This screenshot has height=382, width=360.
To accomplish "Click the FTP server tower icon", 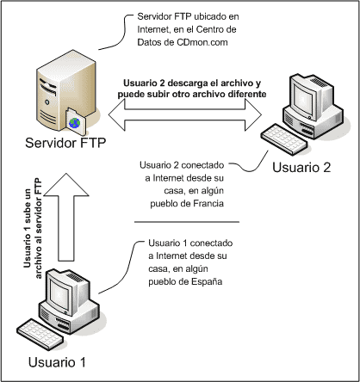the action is pos(66,92).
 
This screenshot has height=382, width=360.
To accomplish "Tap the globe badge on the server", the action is pos(75,122).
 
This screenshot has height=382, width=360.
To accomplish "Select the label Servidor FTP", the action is pos(65,143).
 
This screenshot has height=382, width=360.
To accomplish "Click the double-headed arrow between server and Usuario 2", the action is pos(185,115).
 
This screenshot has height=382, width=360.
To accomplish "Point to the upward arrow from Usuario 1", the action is pos(66,217).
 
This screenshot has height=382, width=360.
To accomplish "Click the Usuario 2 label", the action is pos(301,167).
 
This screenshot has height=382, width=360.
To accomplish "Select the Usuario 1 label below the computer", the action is pos(57,362).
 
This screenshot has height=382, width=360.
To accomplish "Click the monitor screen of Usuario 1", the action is pos(59,293).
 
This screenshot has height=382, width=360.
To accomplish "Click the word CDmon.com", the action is pos(202,42).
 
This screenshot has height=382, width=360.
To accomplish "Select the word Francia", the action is pos(208,204).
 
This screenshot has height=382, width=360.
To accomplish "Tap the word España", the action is pos(207,281).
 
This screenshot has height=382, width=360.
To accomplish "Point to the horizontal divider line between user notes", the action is pos(187,222).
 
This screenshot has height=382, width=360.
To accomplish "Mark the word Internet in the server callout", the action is pos(152,29).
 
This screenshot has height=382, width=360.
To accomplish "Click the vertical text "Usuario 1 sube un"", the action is pos(28,229).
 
